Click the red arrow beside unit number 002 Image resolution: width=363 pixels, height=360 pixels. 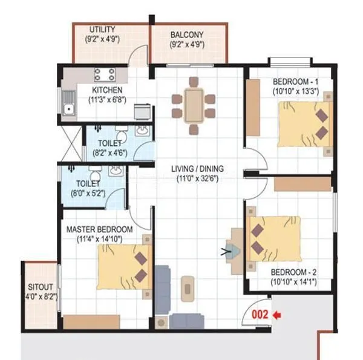(x=278, y=315)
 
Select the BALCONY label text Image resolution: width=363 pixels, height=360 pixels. (x=187, y=35)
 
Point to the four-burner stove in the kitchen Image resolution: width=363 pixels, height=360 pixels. (x=104, y=74)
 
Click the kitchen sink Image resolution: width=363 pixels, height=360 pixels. (x=68, y=110)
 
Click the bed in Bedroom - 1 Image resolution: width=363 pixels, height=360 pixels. (x=305, y=124)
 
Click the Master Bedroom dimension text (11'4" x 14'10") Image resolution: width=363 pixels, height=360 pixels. (x=99, y=240)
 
